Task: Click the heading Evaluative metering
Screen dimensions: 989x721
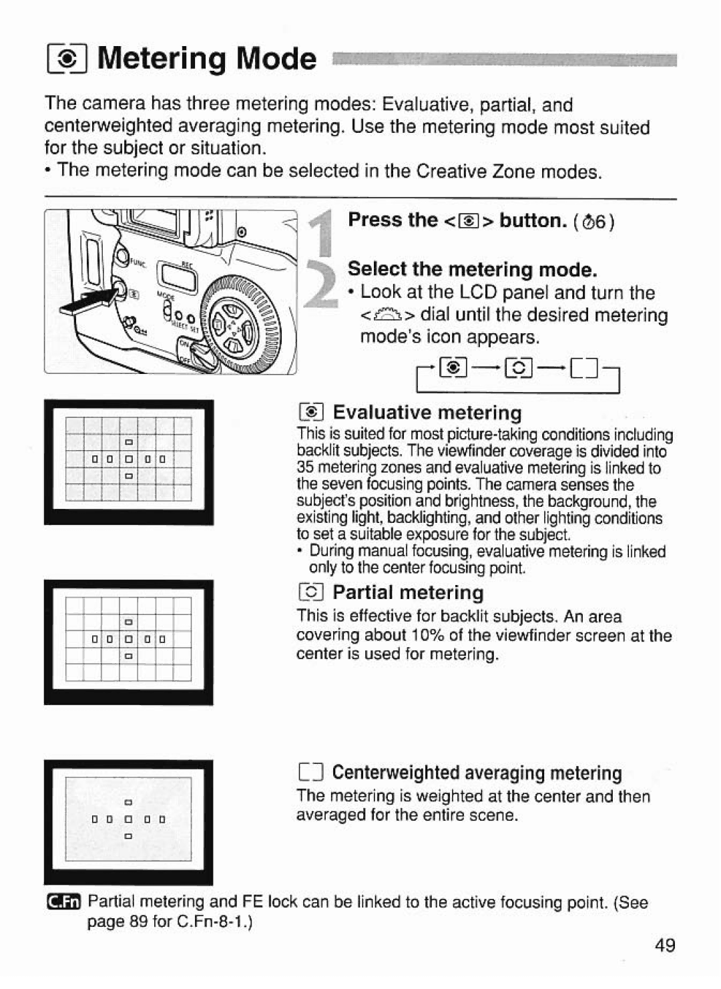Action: (x=427, y=412)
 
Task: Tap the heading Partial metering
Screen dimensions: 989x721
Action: (x=408, y=592)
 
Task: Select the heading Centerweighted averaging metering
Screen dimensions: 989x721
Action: (x=477, y=773)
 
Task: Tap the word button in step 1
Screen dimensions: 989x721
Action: (x=531, y=220)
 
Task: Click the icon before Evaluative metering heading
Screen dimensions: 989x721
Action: (x=312, y=412)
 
